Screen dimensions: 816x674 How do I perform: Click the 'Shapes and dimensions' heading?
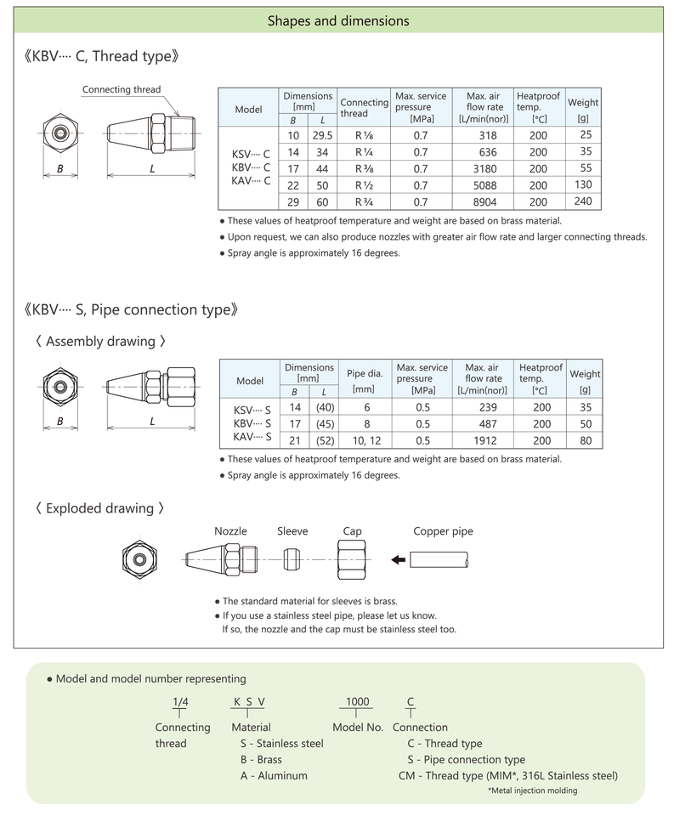tap(338, 20)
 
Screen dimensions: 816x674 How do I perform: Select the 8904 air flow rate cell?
tap(487, 202)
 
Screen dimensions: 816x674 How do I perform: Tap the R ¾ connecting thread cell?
tap(364, 202)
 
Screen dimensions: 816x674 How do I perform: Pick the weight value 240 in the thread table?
tap(583, 201)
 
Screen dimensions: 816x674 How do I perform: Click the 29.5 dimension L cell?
tap(322, 135)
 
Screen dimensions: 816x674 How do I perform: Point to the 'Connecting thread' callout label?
tap(122, 89)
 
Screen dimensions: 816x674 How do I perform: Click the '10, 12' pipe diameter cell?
tap(366, 440)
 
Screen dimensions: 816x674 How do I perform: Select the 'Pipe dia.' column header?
tap(366, 373)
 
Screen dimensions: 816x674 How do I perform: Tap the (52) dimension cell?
tap(325, 440)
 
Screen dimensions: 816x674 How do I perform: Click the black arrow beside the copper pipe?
tap(397, 559)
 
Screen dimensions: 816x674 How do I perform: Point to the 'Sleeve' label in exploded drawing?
tap(292, 531)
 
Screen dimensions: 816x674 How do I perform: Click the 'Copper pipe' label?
tap(443, 531)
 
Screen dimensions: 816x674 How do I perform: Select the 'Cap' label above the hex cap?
tap(352, 531)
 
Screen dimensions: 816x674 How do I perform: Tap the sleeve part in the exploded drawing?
tap(291, 559)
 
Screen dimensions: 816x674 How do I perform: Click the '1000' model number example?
tap(357, 701)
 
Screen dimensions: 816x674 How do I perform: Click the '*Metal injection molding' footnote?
tap(532, 790)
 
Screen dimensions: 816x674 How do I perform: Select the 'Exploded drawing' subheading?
tap(99, 508)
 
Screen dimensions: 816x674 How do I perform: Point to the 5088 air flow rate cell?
tap(487, 185)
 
